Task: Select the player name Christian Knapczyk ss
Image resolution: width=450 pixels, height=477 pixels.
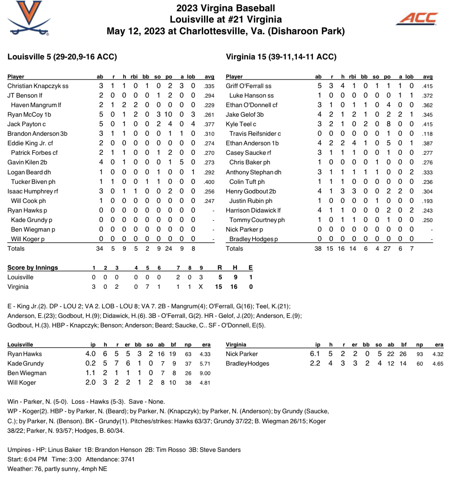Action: (38, 86)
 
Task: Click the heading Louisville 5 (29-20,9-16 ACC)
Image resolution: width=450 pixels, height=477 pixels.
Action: (62, 57)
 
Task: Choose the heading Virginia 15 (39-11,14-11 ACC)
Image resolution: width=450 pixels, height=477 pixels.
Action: (281, 57)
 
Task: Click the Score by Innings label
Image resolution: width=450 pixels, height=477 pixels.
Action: (33, 268)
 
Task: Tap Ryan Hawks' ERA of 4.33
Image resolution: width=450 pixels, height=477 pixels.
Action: (205, 354)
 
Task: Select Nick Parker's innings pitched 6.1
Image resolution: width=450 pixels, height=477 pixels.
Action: (315, 354)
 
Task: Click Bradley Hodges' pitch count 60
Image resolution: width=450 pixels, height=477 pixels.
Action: (420, 363)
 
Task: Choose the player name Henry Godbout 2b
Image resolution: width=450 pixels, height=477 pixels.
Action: (251, 191)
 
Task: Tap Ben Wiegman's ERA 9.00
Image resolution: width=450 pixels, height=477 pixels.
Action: (205, 373)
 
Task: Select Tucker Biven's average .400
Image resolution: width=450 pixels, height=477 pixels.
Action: (209, 182)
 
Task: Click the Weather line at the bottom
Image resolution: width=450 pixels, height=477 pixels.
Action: (57, 469)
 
